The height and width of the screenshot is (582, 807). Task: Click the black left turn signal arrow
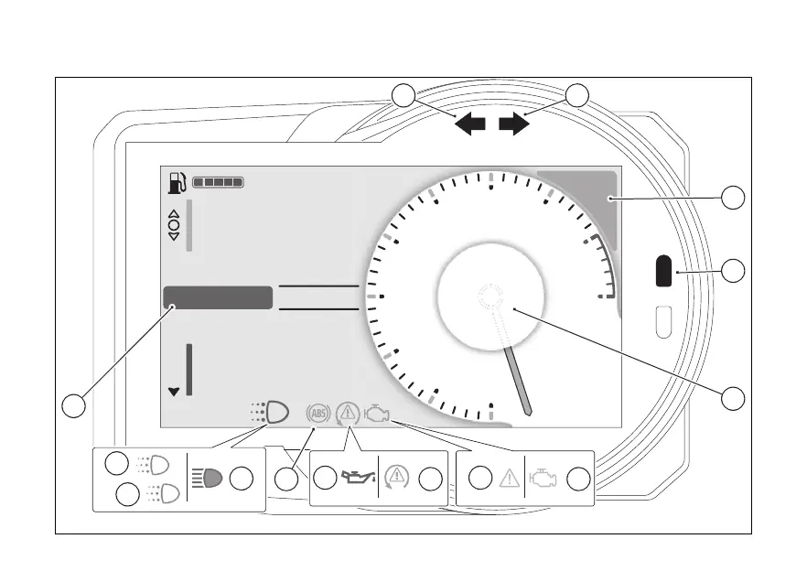coord(470,124)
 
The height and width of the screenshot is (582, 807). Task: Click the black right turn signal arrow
coord(514,124)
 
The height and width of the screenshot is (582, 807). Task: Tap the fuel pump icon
coord(175,182)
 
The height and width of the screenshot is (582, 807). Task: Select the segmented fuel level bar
coord(219,183)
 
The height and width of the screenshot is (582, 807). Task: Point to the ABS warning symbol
coord(318,414)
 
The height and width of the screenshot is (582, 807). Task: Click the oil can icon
coord(357,478)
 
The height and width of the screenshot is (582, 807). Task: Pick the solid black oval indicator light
coord(664,273)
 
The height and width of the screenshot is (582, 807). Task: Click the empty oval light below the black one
coord(664,321)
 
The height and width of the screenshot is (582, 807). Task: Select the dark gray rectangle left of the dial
coord(218,297)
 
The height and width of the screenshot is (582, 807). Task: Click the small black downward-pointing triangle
coord(174,392)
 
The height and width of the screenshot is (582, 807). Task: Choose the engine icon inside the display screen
coord(377,415)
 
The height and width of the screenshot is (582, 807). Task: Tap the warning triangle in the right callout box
coord(507,478)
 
